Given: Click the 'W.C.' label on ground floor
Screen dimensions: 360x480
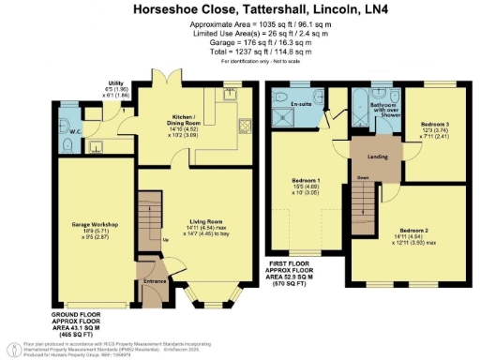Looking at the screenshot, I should (x=74, y=145).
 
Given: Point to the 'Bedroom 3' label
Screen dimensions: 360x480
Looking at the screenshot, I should (x=436, y=125).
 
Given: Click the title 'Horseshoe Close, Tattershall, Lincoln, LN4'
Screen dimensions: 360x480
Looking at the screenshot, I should (x=240, y=9).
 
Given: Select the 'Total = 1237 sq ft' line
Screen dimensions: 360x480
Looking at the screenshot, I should (x=240, y=52).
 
